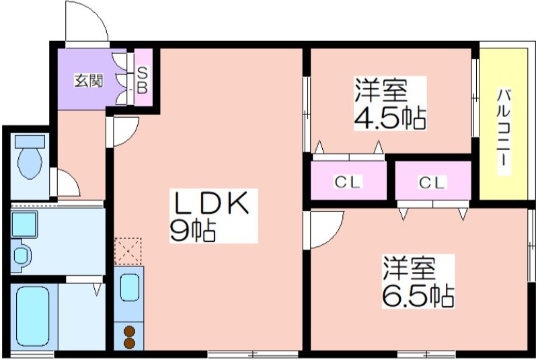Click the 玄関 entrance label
pyautogui.click(x=89, y=81)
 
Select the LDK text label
pyautogui.click(x=211, y=203)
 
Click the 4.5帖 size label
pyautogui.click(x=390, y=118)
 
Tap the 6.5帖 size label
pyautogui.click(x=418, y=296)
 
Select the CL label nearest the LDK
pyautogui.click(x=348, y=182)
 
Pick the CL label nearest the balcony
pyautogui.click(x=432, y=182)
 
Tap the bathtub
pyautogui.click(x=32, y=317)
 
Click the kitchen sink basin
pyautogui.click(x=130, y=287)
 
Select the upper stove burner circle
pyautogui.click(x=129, y=331)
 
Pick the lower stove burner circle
pyautogui.click(x=129, y=343)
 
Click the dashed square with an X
pyautogui.click(x=128, y=251)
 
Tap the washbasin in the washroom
pyautogui.click(x=21, y=255)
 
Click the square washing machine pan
pyautogui.click(x=24, y=225)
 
